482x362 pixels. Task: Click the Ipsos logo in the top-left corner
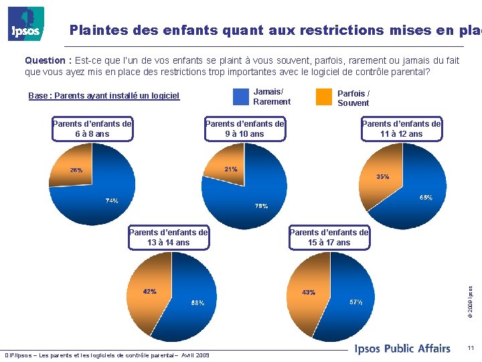[x=26, y=24]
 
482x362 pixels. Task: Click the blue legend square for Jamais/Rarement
[x=240, y=97]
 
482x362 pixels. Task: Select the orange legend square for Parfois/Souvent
[x=324, y=97]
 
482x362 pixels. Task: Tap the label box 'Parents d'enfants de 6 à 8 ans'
[x=92, y=129]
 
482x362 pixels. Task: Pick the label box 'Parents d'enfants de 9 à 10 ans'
[x=244, y=129]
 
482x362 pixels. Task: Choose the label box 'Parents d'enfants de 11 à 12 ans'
[x=401, y=129]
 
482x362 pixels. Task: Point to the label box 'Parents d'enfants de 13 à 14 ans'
[x=168, y=237]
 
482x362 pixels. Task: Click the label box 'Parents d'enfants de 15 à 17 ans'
[x=329, y=237]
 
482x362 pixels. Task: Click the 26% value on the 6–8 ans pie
[x=76, y=170]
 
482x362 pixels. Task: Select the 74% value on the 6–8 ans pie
[x=112, y=200]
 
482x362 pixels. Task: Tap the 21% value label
[x=231, y=169]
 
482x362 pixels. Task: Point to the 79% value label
[x=261, y=206]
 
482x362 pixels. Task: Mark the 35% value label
[x=382, y=177]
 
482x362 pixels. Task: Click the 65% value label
[x=426, y=198]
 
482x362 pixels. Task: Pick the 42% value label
[x=149, y=292]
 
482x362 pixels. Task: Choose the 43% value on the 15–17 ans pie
[x=309, y=292]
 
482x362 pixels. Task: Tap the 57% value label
[x=356, y=302]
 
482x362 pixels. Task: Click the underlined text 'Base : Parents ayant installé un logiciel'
[x=104, y=96]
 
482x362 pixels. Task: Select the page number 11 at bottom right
[x=471, y=348]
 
